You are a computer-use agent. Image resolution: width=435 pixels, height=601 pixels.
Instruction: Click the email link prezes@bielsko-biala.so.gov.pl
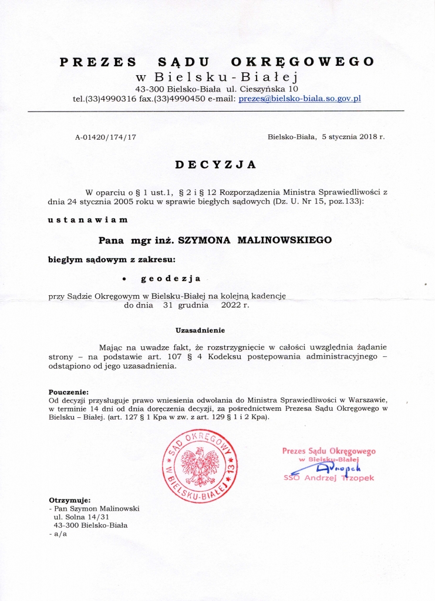point(299,99)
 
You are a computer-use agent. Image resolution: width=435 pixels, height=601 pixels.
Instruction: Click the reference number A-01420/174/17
point(106,137)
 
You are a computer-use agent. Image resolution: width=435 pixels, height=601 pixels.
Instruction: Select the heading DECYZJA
point(216,165)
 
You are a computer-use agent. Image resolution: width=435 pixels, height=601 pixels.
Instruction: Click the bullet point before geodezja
point(124,280)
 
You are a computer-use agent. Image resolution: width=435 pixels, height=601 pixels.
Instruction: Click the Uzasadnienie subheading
point(201,330)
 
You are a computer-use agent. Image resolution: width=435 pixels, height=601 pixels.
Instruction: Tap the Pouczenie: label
point(68,391)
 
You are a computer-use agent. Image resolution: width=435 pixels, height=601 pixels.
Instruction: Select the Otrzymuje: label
point(69,499)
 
